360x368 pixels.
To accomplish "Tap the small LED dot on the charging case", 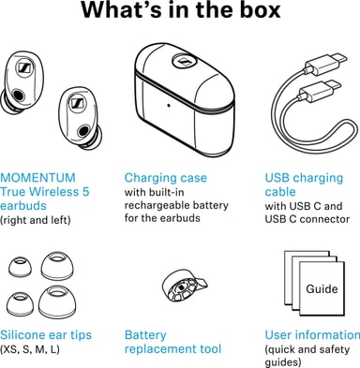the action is [x=169, y=105].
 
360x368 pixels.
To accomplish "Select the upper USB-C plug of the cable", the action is [x=326, y=64].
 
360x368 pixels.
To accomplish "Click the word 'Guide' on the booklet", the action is [x=322, y=288].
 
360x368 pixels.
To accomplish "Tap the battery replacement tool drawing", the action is [x=185, y=287].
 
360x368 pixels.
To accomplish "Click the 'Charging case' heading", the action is [x=166, y=178].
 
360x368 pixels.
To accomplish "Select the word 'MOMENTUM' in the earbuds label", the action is [x=37, y=178].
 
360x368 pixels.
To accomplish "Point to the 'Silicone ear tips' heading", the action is [x=46, y=335].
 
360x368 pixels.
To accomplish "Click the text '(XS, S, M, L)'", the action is [x=30, y=349].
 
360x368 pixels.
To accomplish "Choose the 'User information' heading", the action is [x=312, y=335].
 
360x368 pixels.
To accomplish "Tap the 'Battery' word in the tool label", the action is [x=145, y=335].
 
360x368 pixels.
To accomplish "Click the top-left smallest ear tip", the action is [x=20, y=270].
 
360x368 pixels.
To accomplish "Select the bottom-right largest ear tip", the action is [x=57, y=302].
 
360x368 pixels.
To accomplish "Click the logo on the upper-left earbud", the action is [x=23, y=66].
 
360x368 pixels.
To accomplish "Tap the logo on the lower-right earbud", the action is [x=76, y=103].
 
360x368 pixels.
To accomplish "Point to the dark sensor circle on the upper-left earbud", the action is [x=18, y=95].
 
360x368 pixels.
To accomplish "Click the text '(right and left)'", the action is [x=36, y=220].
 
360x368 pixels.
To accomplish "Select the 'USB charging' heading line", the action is [x=304, y=178].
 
